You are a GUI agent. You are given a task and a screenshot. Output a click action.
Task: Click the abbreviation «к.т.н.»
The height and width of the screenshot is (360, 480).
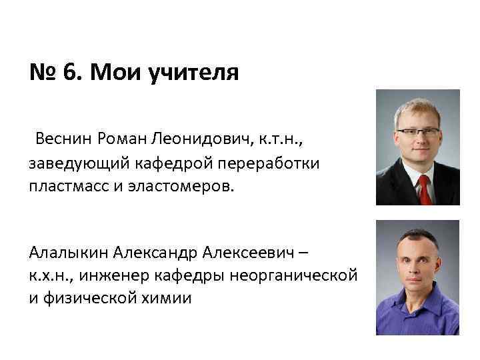(x=281, y=139)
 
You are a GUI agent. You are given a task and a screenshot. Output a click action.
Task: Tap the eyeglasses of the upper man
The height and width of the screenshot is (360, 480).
(x=417, y=131)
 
